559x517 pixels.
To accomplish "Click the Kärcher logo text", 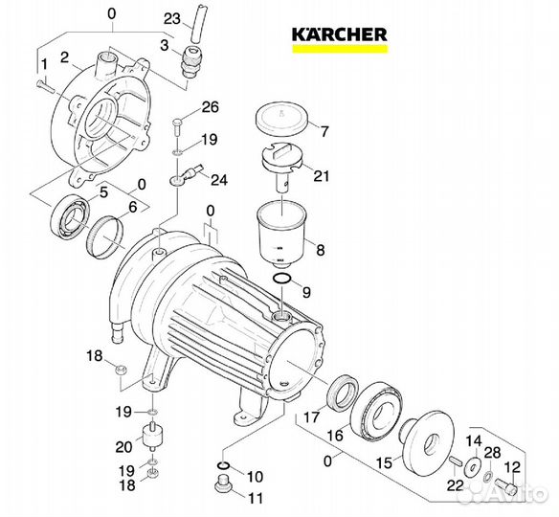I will click(x=340, y=34).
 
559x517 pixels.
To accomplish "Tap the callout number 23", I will click(x=171, y=18).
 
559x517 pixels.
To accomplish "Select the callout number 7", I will click(x=323, y=131).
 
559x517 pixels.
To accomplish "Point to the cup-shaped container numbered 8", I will click(x=282, y=235).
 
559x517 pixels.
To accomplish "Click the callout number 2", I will click(x=65, y=58).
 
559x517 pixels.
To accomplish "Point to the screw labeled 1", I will click(x=43, y=85).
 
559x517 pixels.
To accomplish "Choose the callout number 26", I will click(x=210, y=105).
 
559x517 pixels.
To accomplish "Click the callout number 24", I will click(x=219, y=179).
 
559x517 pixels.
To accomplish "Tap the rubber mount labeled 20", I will click(x=149, y=441).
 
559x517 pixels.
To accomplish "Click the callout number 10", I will click(x=255, y=476).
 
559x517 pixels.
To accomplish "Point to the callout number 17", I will click(x=311, y=416).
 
